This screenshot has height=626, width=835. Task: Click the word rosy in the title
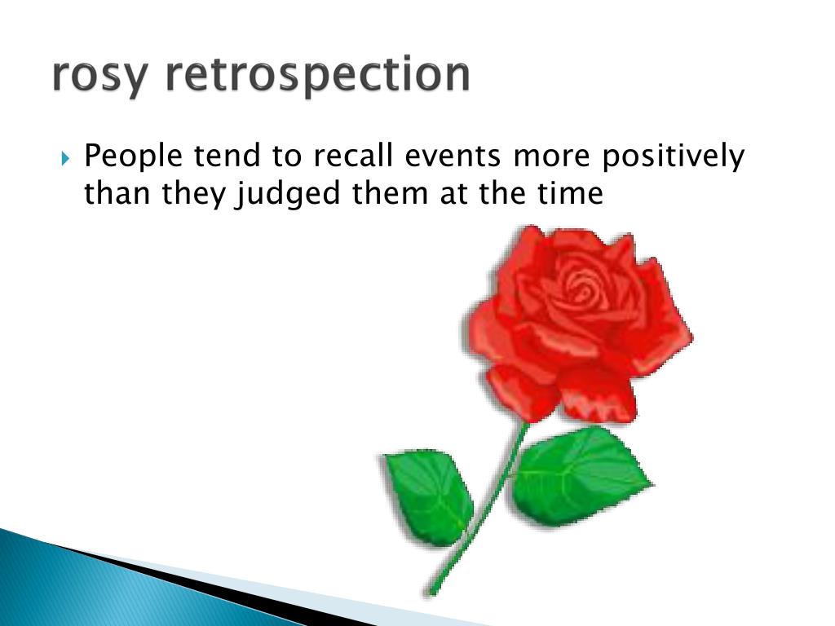(x=99, y=76)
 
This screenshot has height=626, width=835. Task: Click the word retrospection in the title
(x=318, y=75)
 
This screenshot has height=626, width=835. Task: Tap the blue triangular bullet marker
(x=65, y=158)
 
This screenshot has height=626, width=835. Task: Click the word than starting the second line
(x=117, y=192)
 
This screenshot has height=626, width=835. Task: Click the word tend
(x=228, y=156)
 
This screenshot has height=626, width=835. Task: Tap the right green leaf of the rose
(x=580, y=475)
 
